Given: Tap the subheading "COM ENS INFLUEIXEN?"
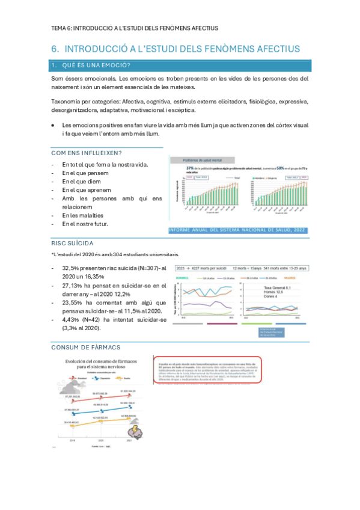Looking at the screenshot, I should (87, 153).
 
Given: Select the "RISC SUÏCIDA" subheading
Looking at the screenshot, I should (72, 243).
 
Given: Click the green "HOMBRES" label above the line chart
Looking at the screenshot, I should (183, 278).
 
